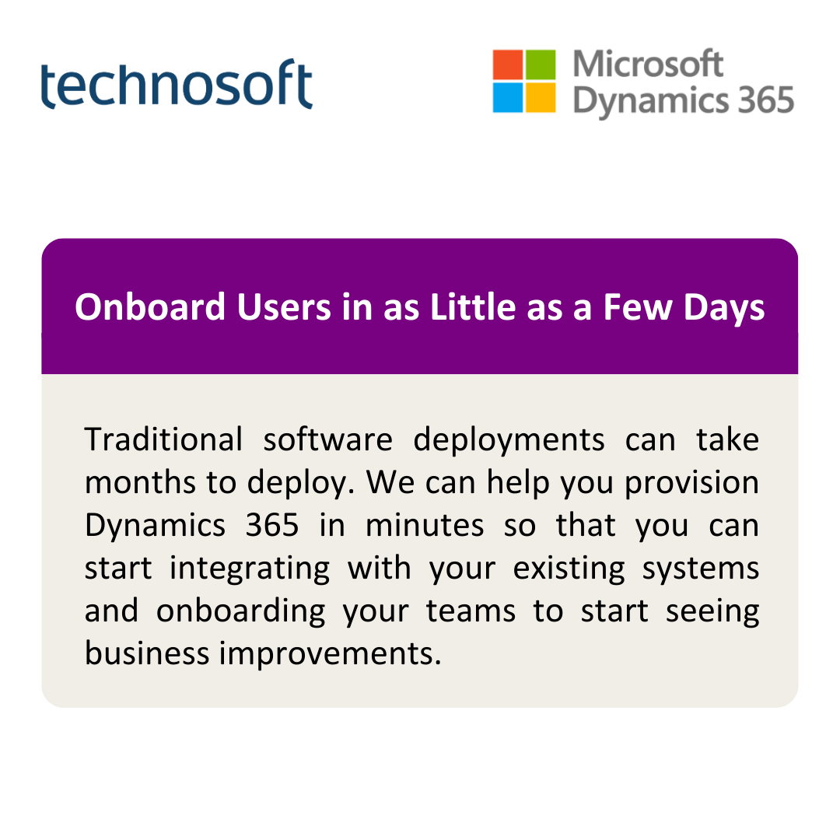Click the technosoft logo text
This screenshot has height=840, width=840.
point(177,83)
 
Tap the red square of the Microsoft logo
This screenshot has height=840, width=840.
point(508,65)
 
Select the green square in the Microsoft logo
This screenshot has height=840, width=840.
point(541,65)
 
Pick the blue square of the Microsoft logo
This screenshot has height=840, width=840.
point(508,97)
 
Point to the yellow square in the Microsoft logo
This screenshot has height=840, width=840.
point(541,97)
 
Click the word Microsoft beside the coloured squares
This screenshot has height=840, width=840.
point(648,64)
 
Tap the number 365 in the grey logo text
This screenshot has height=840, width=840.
point(766,100)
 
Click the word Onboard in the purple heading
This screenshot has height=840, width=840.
point(150,307)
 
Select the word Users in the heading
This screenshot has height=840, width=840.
point(284,307)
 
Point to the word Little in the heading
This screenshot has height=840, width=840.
point(473,307)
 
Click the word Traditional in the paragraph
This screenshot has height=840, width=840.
point(163,439)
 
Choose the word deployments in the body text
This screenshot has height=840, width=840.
point(509,441)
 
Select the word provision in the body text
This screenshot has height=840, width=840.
point(691,484)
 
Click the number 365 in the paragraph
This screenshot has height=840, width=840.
point(272,525)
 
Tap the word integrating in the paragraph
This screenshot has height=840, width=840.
point(250,569)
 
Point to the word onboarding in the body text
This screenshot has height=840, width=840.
point(240,612)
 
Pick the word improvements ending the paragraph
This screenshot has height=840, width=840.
point(330,655)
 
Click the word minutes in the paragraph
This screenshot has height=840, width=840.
point(425,525)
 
